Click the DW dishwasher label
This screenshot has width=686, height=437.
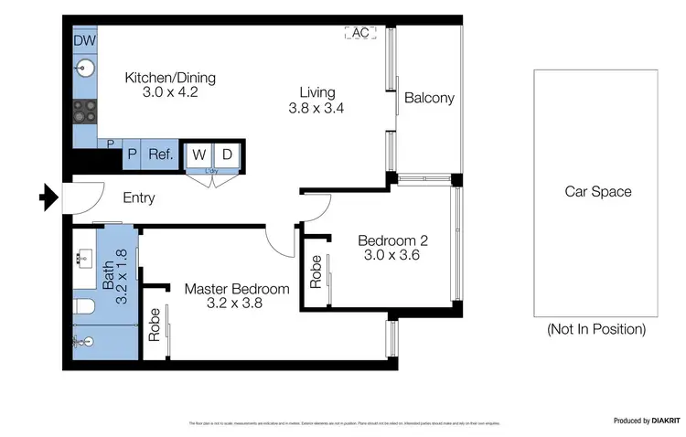[x=85, y=41]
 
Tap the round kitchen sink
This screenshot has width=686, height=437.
[x=85, y=67]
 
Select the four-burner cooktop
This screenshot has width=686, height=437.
[x=85, y=111]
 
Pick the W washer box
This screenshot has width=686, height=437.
[x=198, y=155]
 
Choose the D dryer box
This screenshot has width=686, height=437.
[x=228, y=155]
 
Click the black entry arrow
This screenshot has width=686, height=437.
[x=47, y=196]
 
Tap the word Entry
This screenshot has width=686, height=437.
[x=139, y=197]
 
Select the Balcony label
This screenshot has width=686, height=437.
[x=429, y=99]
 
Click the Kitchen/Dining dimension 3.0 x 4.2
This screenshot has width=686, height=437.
[x=161, y=92]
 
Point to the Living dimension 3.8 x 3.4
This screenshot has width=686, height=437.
[x=316, y=108]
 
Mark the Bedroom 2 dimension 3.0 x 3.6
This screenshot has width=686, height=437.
[x=393, y=257]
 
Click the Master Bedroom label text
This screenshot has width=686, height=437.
[x=237, y=289]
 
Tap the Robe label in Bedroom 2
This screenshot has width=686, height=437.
[x=316, y=272]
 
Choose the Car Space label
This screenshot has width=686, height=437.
[x=598, y=192]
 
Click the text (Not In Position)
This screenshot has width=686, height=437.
[x=596, y=328]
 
